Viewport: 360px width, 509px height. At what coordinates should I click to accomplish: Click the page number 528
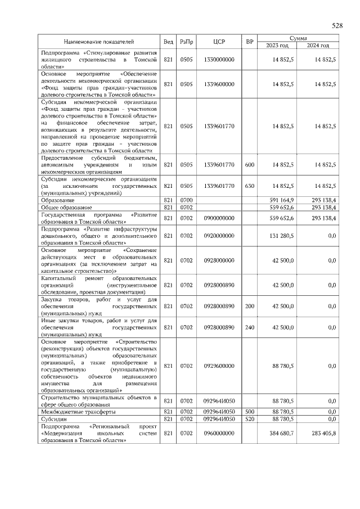pos(337,26)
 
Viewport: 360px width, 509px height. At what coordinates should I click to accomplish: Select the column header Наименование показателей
pos(99,42)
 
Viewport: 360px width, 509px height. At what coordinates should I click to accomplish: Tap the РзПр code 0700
pos(186,200)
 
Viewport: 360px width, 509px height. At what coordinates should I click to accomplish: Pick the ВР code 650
pos(250,186)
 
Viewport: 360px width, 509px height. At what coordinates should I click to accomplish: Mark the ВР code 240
pos(250,327)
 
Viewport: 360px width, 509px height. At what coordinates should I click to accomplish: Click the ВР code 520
pos(250,419)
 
